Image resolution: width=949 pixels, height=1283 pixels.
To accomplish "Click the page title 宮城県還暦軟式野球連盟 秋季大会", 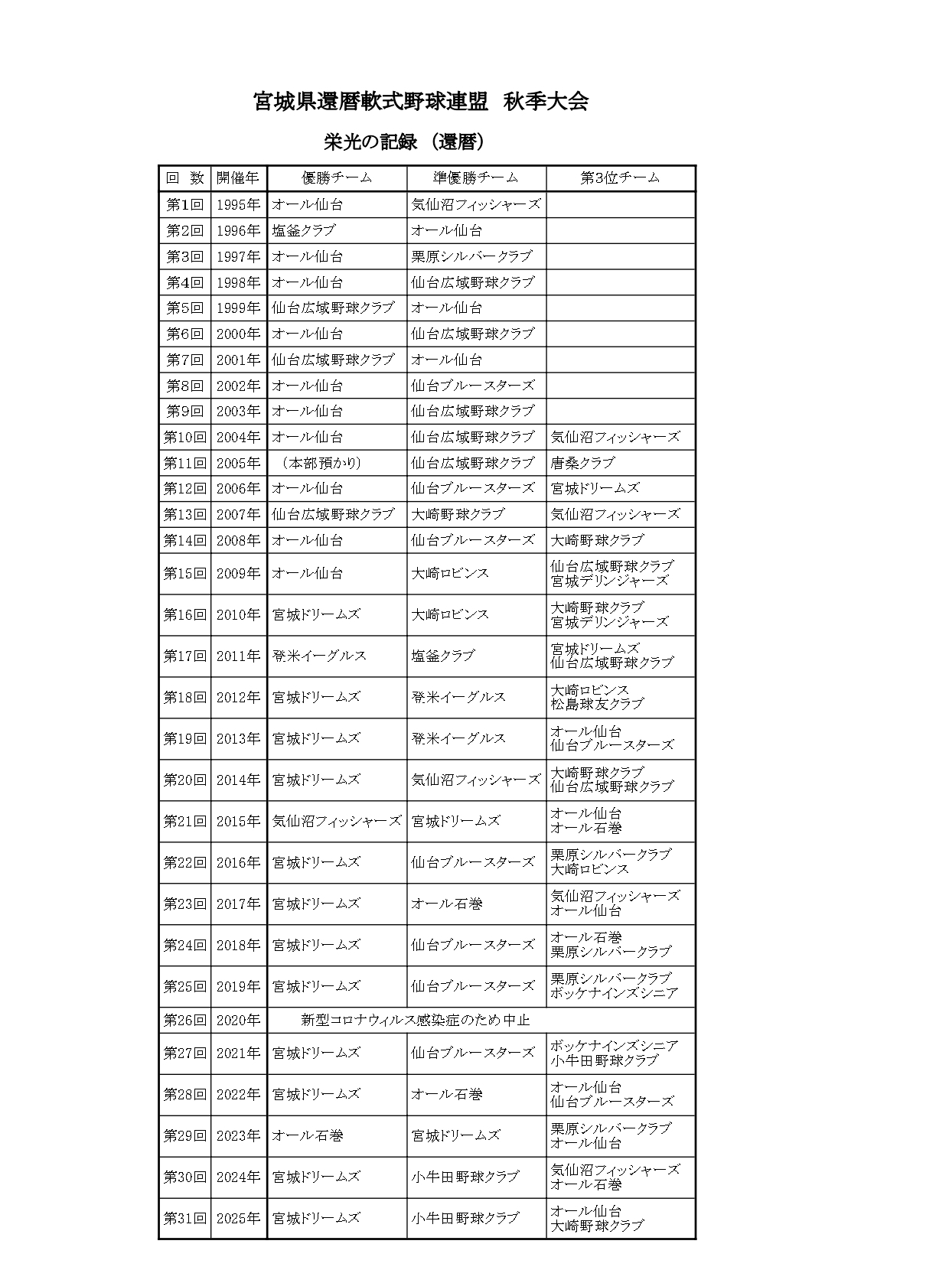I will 420,102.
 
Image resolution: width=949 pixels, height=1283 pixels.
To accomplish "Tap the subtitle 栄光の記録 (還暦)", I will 405,142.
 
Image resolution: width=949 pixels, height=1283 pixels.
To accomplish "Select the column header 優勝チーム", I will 337,177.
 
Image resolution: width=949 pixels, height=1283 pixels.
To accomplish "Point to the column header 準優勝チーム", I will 476,177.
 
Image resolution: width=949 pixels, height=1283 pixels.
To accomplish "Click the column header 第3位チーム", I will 620,177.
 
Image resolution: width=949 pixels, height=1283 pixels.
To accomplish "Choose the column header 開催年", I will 238,177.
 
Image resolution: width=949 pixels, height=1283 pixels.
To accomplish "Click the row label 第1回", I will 184,204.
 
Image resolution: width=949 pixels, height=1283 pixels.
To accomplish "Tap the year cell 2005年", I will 238,463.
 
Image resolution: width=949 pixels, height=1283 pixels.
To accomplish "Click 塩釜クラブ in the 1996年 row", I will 304,230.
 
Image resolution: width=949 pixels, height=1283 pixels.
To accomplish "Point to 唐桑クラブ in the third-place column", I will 582,463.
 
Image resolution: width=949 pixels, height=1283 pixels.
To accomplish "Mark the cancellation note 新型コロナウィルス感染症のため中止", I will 415,1020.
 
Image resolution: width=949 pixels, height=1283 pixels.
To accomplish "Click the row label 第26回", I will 184,1020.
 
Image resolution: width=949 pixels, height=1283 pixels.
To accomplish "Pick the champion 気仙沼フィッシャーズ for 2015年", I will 337,821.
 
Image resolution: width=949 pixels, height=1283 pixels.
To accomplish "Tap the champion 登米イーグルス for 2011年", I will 319,656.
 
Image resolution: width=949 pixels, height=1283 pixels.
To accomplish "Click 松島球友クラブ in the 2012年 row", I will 597,704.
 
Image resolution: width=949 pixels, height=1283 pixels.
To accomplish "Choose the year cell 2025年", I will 238,1218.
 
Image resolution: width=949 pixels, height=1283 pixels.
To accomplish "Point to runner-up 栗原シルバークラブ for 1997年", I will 471,256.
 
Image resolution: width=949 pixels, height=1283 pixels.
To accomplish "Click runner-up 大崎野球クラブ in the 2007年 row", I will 458,514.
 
